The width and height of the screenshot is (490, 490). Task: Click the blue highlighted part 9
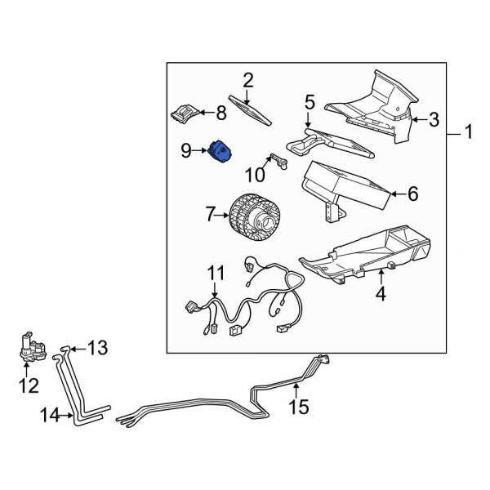[220, 152]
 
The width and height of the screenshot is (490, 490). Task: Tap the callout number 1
[469, 130]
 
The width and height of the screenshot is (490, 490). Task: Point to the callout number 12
[29, 385]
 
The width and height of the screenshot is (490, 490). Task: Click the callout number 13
[97, 349]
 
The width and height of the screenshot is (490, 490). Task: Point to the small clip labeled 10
[278, 161]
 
